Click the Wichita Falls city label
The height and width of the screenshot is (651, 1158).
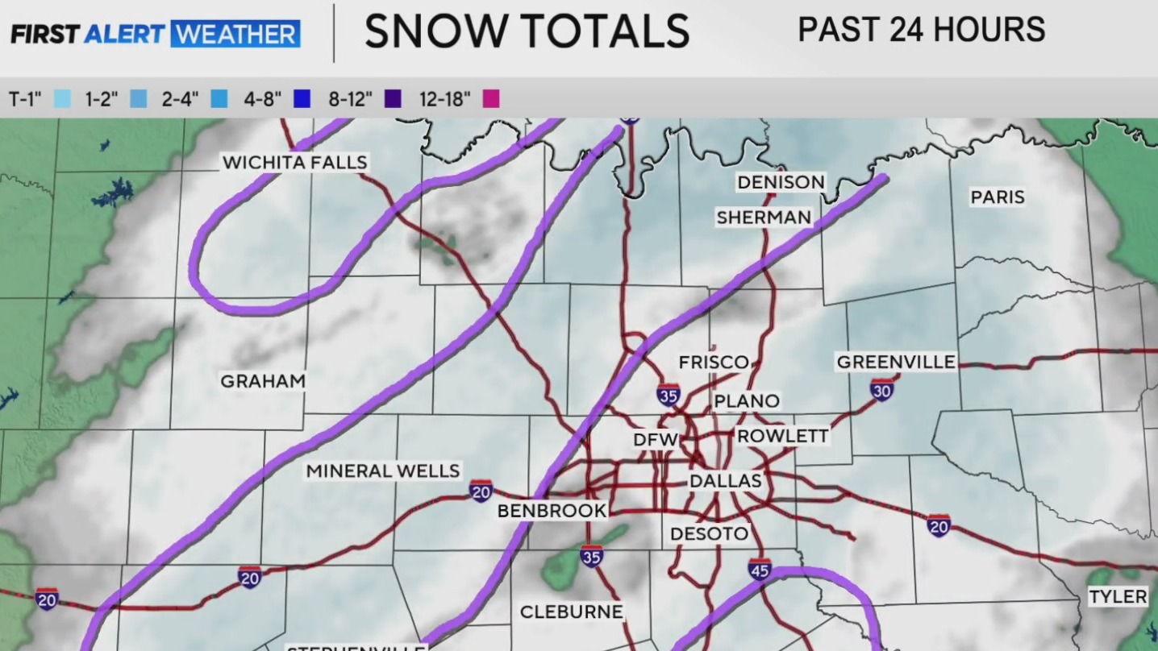pyautogui.click(x=295, y=163)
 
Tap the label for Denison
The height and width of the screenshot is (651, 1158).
pyautogui.click(x=781, y=182)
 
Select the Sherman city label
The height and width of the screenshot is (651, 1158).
pyautogui.click(x=764, y=217)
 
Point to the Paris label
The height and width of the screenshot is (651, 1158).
pyautogui.click(x=997, y=197)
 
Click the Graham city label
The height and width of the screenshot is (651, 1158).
pyautogui.click(x=263, y=381)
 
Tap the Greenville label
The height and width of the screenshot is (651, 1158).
pyautogui.click(x=896, y=362)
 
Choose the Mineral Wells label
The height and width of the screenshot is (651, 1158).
pyautogui.click(x=383, y=471)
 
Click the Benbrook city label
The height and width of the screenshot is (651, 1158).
pyautogui.click(x=552, y=511)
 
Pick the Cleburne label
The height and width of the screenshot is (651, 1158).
pyautogui.click(x=571, y=612)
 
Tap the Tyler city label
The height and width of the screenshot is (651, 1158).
pyautogui.click(x=1118, y=597)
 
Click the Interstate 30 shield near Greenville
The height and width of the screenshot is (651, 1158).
pyautogui.click(x=881, y=390)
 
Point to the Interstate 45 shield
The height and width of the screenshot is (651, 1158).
pyautogui.click(x=759, y=569)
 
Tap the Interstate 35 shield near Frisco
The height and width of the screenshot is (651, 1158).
pyautogui.click(x=668, y=394)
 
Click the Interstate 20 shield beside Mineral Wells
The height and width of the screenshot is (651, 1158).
pyautogui.click(x=481, y=490)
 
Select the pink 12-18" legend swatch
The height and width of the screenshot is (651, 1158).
pyautogui.click(x=490, y=99)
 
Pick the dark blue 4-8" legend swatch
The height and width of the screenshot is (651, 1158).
pyautogui.click(x=302, y=99)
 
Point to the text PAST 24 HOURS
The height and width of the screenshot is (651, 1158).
pyautogui.click(x=921, y=31)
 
